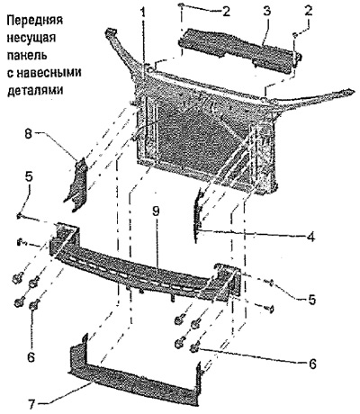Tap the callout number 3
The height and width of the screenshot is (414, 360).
pyautogui.click(x=266, y=11)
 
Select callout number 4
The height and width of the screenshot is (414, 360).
pyautogui.click(x=310, y=237)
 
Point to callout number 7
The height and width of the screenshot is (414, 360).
pyautogui.click(x=32, y=402)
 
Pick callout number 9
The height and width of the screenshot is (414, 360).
pyautogui.click(x=156, y=211)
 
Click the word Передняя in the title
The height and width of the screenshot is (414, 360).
pyautogui.click(x=34, y=22)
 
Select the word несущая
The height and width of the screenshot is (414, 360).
pyautogui.click(x=31, y=39)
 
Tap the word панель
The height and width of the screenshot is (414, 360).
pyautogui.click(x=26, y=56)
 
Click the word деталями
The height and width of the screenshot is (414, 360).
pyautogui.click(x=35, y=90)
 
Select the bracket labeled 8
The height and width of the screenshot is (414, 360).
pyautogui.click(x=76, y=184)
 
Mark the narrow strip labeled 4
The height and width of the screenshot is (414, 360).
pyautogui.click(x=199, y=214)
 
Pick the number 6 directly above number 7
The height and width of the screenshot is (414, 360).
pyautogui.click(x=31, y=357)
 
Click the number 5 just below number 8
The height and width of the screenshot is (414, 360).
pyautogui.click(x=30, y=177)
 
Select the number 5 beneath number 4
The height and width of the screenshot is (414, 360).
pyautogui.click(x=312, y=300)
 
